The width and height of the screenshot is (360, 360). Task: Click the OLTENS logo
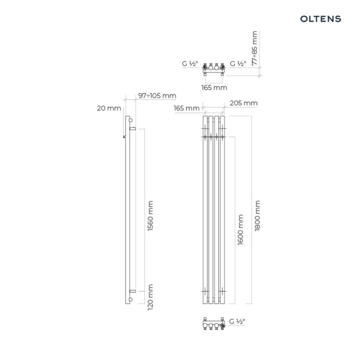[320, 19]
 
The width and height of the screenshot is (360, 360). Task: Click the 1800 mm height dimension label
[257, 215]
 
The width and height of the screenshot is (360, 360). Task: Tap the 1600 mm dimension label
[240, 230]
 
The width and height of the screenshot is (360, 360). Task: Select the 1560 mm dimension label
[150, 216]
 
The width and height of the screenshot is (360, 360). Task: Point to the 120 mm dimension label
[150, 297]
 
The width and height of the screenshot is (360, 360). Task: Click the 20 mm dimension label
[109, 108]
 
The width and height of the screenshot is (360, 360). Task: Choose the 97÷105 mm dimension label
[157, 95]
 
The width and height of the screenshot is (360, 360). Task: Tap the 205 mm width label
[243, 103]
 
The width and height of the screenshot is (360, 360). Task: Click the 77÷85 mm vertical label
[254, 48]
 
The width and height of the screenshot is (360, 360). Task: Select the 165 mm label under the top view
[214, 87]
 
